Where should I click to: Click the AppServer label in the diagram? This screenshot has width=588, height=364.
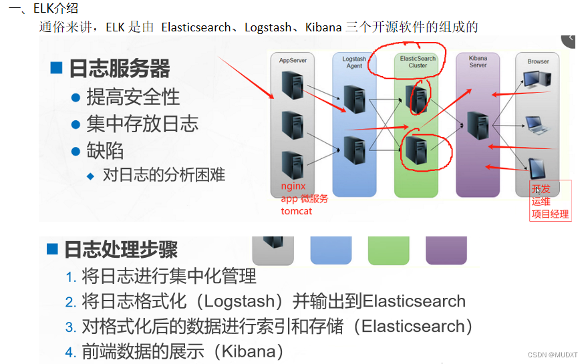[x=293, y=61]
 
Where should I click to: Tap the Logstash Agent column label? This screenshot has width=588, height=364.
[x=354, y=62]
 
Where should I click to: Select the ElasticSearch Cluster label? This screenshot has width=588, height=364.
[x=418, y=62]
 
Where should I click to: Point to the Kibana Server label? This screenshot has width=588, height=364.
[x=478, y=62]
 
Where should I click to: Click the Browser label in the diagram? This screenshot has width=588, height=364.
[x=538, y=61]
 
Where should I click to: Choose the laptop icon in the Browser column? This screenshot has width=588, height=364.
[x=537, y=124]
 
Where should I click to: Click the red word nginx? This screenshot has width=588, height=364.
[x=293, y=186]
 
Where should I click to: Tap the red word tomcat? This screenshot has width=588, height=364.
[x=296, y=211]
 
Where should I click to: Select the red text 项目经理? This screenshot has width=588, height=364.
[x=550, y=214]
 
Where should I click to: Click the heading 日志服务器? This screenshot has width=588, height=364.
[x=120, y=69]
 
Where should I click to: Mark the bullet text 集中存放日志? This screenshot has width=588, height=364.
[x=142, y=124]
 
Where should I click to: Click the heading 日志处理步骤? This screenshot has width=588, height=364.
[x=121, y=250]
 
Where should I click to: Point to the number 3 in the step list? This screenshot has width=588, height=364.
[x=70, y=328]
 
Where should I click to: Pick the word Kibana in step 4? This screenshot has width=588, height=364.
[x=248, y=351]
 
